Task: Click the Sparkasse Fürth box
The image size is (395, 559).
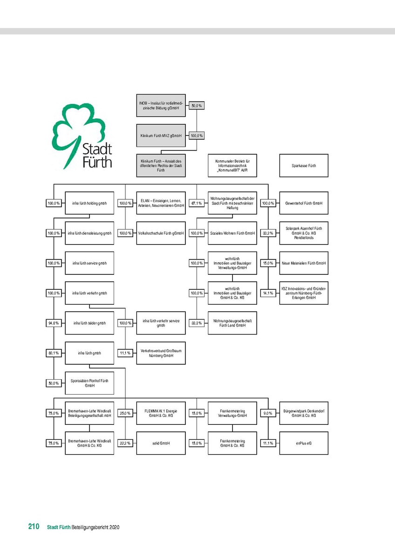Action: coord(304,165)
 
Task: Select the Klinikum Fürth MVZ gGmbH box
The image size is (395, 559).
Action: coord(161,136)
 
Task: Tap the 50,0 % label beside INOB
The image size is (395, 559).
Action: coord(197,106)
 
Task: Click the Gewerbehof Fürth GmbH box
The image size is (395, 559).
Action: coord(304,203)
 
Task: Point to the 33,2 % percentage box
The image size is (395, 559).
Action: coord(267,233)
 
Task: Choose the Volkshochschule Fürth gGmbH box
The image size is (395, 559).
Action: coord(161,233)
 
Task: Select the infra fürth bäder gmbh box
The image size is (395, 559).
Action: coord(89,323)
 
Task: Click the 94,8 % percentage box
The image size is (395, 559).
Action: coord(53,323)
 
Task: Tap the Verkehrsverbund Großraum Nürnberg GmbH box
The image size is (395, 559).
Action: coord(161,353)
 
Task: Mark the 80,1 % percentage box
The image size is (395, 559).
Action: coord(53,353)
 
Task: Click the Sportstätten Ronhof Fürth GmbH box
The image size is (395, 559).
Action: coord(89,383)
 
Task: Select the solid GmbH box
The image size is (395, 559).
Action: coord(161,443)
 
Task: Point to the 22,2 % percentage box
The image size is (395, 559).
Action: coord(125,443)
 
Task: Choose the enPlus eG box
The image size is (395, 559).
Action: coord(304,443)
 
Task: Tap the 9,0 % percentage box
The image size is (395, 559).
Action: coord(267,413)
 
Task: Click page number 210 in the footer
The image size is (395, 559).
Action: coord(33,527)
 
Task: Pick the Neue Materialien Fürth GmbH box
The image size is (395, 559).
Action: coord(304,263)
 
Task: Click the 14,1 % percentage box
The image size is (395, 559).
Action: coord(267,293)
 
